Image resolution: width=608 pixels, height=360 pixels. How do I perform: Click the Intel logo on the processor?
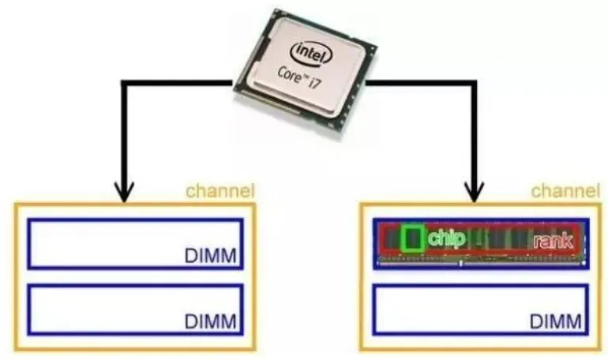point(311,53)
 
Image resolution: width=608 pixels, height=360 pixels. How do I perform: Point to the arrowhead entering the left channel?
point(124,191)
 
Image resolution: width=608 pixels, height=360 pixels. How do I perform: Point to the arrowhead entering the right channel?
point(475,191)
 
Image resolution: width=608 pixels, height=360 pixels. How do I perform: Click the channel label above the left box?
point(220,191)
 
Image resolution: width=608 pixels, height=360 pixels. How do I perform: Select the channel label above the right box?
point(565,191)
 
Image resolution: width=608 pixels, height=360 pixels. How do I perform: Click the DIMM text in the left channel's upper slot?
point(211,256)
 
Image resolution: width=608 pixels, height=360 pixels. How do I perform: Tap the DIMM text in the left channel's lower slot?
point(211,321)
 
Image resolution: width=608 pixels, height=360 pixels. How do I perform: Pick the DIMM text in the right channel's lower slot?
point(556,321)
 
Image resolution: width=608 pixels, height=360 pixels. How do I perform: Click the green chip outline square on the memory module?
point(412,238)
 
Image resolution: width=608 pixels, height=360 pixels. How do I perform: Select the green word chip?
point(446,238)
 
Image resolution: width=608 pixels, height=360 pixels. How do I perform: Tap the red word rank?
point(553,241)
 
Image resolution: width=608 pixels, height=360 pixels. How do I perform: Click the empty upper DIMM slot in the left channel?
point(135,244)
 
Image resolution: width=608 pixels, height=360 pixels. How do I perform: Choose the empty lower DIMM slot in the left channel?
point(135,309)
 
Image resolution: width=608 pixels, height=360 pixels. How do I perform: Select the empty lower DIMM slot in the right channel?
point(481,309)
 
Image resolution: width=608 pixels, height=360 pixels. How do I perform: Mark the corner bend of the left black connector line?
point(125,84)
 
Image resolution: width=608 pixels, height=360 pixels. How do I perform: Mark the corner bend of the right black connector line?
point(474,84)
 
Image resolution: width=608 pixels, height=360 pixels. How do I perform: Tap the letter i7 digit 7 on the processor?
point(317,83)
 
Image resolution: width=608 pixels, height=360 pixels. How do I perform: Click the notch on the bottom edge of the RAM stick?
point(460,264)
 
